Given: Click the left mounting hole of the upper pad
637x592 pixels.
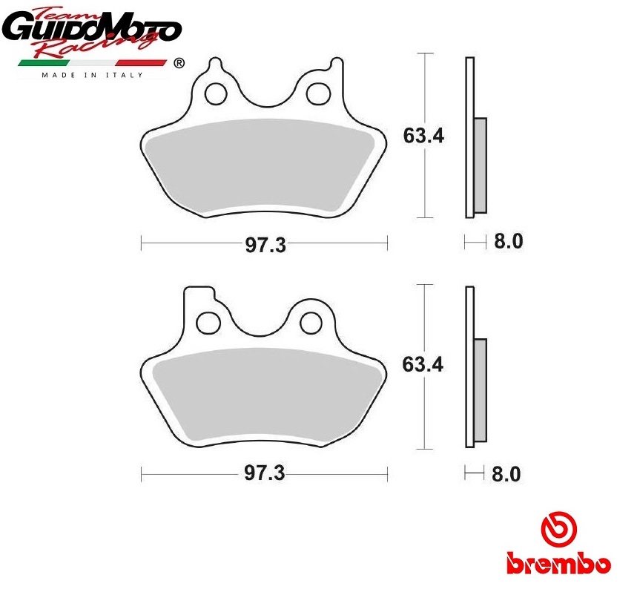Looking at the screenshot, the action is [x=215, y=94].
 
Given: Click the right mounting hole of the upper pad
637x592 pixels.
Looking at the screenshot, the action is [x=317, y=94].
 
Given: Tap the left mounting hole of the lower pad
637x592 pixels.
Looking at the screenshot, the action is [x=208, y=323].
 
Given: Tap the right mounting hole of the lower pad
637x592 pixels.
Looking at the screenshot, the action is [x=311, y=323].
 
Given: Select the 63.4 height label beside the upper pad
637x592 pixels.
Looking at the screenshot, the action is [x=423, y=135].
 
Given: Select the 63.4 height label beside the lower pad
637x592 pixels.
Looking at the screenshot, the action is [x=423, y=364].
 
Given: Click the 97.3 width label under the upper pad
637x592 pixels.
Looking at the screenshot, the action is [x=265, y=245].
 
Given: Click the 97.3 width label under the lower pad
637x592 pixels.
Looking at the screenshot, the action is [x=265, y=473].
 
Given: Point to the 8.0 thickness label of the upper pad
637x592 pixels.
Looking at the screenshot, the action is [x=508, y=241].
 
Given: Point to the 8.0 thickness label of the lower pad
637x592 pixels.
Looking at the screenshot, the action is [x=506, y=474].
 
